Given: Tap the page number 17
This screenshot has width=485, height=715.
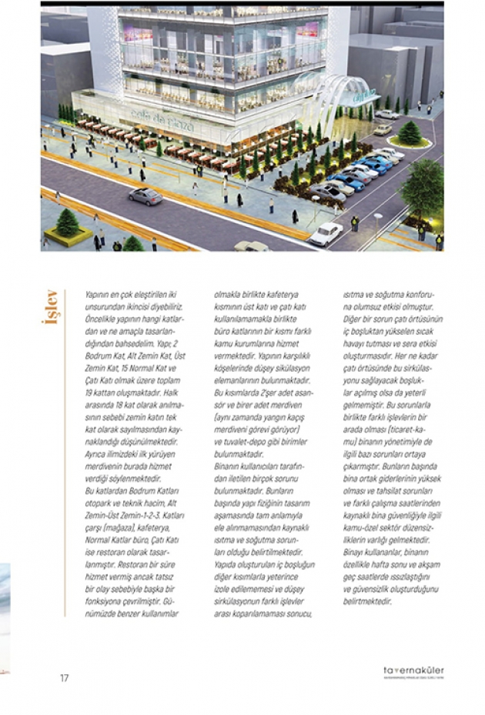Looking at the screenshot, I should (65, 678).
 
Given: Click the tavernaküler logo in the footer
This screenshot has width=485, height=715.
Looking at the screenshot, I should (413, 673).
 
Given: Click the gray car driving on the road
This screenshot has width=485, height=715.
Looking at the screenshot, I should (145, 196).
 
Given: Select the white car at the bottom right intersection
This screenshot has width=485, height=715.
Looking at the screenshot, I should (326, 233).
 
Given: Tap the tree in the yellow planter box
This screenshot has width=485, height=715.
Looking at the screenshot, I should (68, 224).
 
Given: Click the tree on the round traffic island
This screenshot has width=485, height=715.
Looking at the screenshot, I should (409, 132).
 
